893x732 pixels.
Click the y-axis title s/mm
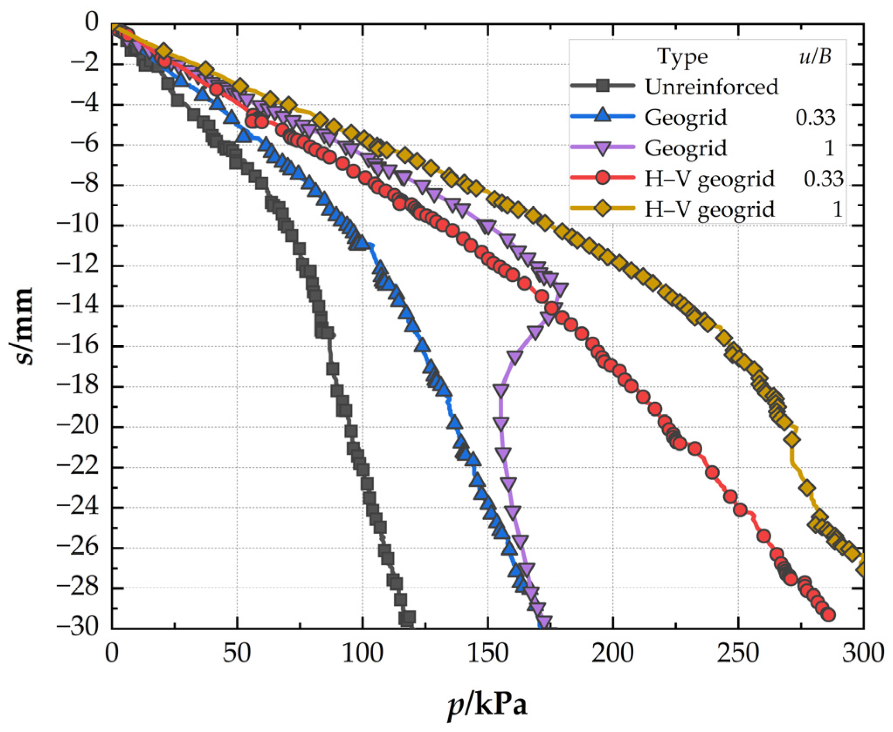click(21, 326)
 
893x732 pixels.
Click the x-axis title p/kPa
click(487, 704)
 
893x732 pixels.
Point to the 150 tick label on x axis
click(488, 654)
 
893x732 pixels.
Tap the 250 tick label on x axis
click(738, 654)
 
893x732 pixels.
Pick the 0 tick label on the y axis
click(92, 23)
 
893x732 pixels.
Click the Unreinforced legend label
click(711, 86)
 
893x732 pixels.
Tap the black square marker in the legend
click(603, 86)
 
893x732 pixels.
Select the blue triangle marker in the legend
click(603, 116)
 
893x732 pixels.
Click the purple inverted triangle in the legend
click(603, 148)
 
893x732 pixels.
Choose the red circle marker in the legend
click(603, 178)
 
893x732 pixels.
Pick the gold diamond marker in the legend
click(603, 208)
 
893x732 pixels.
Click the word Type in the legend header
click(682, 57)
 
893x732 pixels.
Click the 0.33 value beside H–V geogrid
click(823, 179)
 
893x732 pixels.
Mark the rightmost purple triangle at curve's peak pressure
click(560, 289)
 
